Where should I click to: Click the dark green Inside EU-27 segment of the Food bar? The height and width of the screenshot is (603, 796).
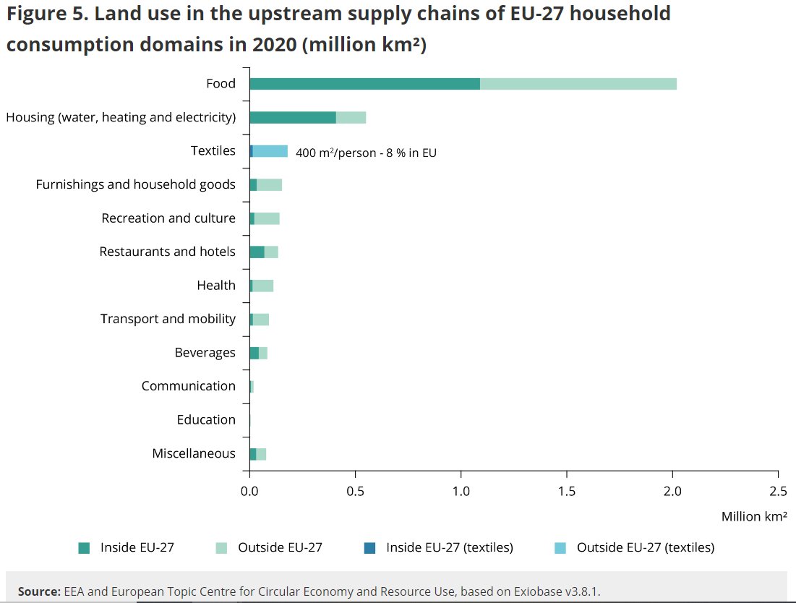pyautogui.click(x=364, y=84)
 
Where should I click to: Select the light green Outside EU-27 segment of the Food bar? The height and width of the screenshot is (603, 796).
pyautogui.click(x=578, y=84)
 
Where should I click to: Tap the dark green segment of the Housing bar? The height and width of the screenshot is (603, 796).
pyautogui.click(x=292, y=117)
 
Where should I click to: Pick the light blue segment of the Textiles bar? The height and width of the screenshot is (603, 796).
pyautogui.click(x=270, y=151)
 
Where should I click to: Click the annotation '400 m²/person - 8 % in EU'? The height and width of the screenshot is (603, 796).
pyautogui.click(x=366, y=153)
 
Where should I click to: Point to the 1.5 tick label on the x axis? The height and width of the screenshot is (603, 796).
pyautogui.click(x=566, y=492)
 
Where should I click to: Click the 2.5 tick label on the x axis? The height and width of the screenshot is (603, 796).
pyautogui.click(x=778, y=492)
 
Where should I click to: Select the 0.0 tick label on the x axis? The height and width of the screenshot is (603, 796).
pyautogui.click(x=249, y=492)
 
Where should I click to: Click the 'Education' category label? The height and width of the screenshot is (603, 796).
pyautogui.click(x=205, y=419)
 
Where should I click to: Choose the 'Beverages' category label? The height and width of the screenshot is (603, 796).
pyautogui.click(x=205, y=353)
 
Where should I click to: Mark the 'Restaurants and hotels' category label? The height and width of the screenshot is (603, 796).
pyautogui.click(x=167, y=252)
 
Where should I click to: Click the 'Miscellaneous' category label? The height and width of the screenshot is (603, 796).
pyautogui.click(x=193, y=453)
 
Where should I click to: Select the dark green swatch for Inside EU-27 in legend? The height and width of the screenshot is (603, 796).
pyautogui.click(x=84, y=548)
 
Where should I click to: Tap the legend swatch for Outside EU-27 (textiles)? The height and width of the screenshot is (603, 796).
pyautogui.click(x=560, y=548)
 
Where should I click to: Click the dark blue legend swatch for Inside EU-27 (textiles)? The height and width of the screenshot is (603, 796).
pyautogui.click(x=370, y=548)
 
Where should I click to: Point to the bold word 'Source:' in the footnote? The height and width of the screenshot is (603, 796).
pyautogui.click(x=38, y=591)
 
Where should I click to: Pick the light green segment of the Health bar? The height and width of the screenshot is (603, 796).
pyautogui.click(x=262, y=286)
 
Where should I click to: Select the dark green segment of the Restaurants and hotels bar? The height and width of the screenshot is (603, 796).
pyautogui.click(x=257, y=252)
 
